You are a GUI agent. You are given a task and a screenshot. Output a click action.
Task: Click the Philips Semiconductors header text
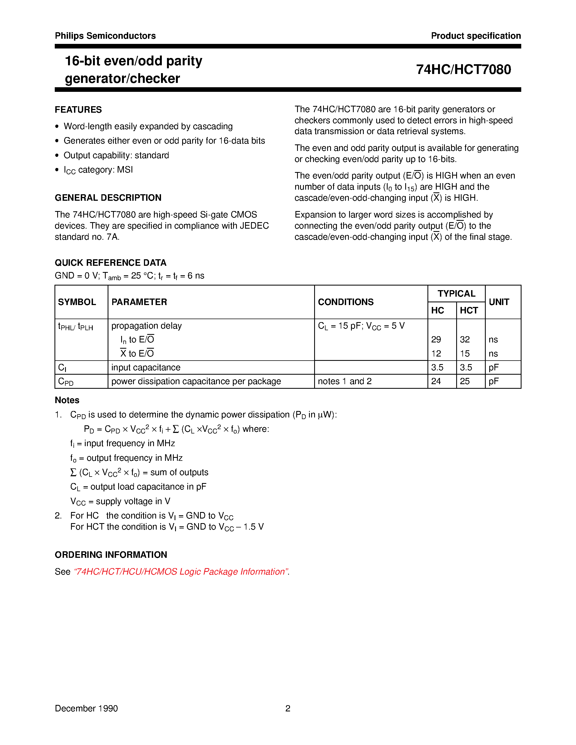tap(105, 36)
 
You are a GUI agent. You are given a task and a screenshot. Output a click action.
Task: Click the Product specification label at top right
tap(476, 36)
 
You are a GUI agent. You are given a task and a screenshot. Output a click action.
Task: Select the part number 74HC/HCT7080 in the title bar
tap(464, 70)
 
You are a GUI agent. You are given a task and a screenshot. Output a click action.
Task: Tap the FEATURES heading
tap(78, 109)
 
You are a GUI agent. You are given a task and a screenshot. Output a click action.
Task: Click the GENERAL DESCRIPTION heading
tap(108, 197)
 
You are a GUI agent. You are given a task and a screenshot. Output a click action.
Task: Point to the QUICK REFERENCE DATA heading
tap(111, 263)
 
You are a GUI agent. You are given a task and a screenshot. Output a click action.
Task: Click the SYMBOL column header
tap(77, 302)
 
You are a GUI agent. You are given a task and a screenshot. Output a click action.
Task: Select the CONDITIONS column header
tap(346, 302)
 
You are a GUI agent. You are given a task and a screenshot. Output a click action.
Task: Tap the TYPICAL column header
tap(456, 294)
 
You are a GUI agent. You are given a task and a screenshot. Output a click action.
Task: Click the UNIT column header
tap(499, 302)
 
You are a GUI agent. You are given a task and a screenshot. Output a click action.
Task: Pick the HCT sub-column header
tap(469, 310)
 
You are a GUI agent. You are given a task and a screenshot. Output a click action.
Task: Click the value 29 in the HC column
tap(436, 339)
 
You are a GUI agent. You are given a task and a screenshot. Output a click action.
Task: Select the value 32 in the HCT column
tap(465, 339)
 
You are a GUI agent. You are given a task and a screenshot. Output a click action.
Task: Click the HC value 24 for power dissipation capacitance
tap(436, 381)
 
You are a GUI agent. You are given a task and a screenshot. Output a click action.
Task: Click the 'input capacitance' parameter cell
tap(146, 367)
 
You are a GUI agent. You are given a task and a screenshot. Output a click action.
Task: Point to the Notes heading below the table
tap(67, 400)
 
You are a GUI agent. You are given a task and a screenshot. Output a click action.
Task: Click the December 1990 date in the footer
tap(86, 708)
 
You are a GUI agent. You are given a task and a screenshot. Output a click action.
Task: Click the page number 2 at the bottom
tap(288, 708)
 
